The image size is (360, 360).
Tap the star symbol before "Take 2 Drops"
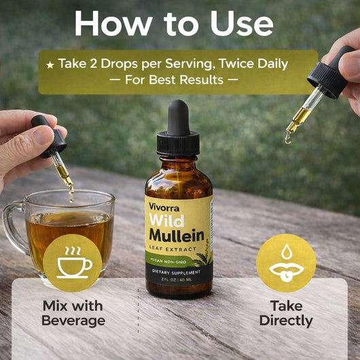coord(50,65)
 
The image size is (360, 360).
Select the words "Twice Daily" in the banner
coord(254,64)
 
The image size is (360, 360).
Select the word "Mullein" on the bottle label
coord(178,237)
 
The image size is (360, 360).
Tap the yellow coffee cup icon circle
coord(72,262)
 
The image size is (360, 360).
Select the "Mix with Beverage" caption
coord(73,313)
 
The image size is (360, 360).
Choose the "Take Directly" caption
coord(286,313)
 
